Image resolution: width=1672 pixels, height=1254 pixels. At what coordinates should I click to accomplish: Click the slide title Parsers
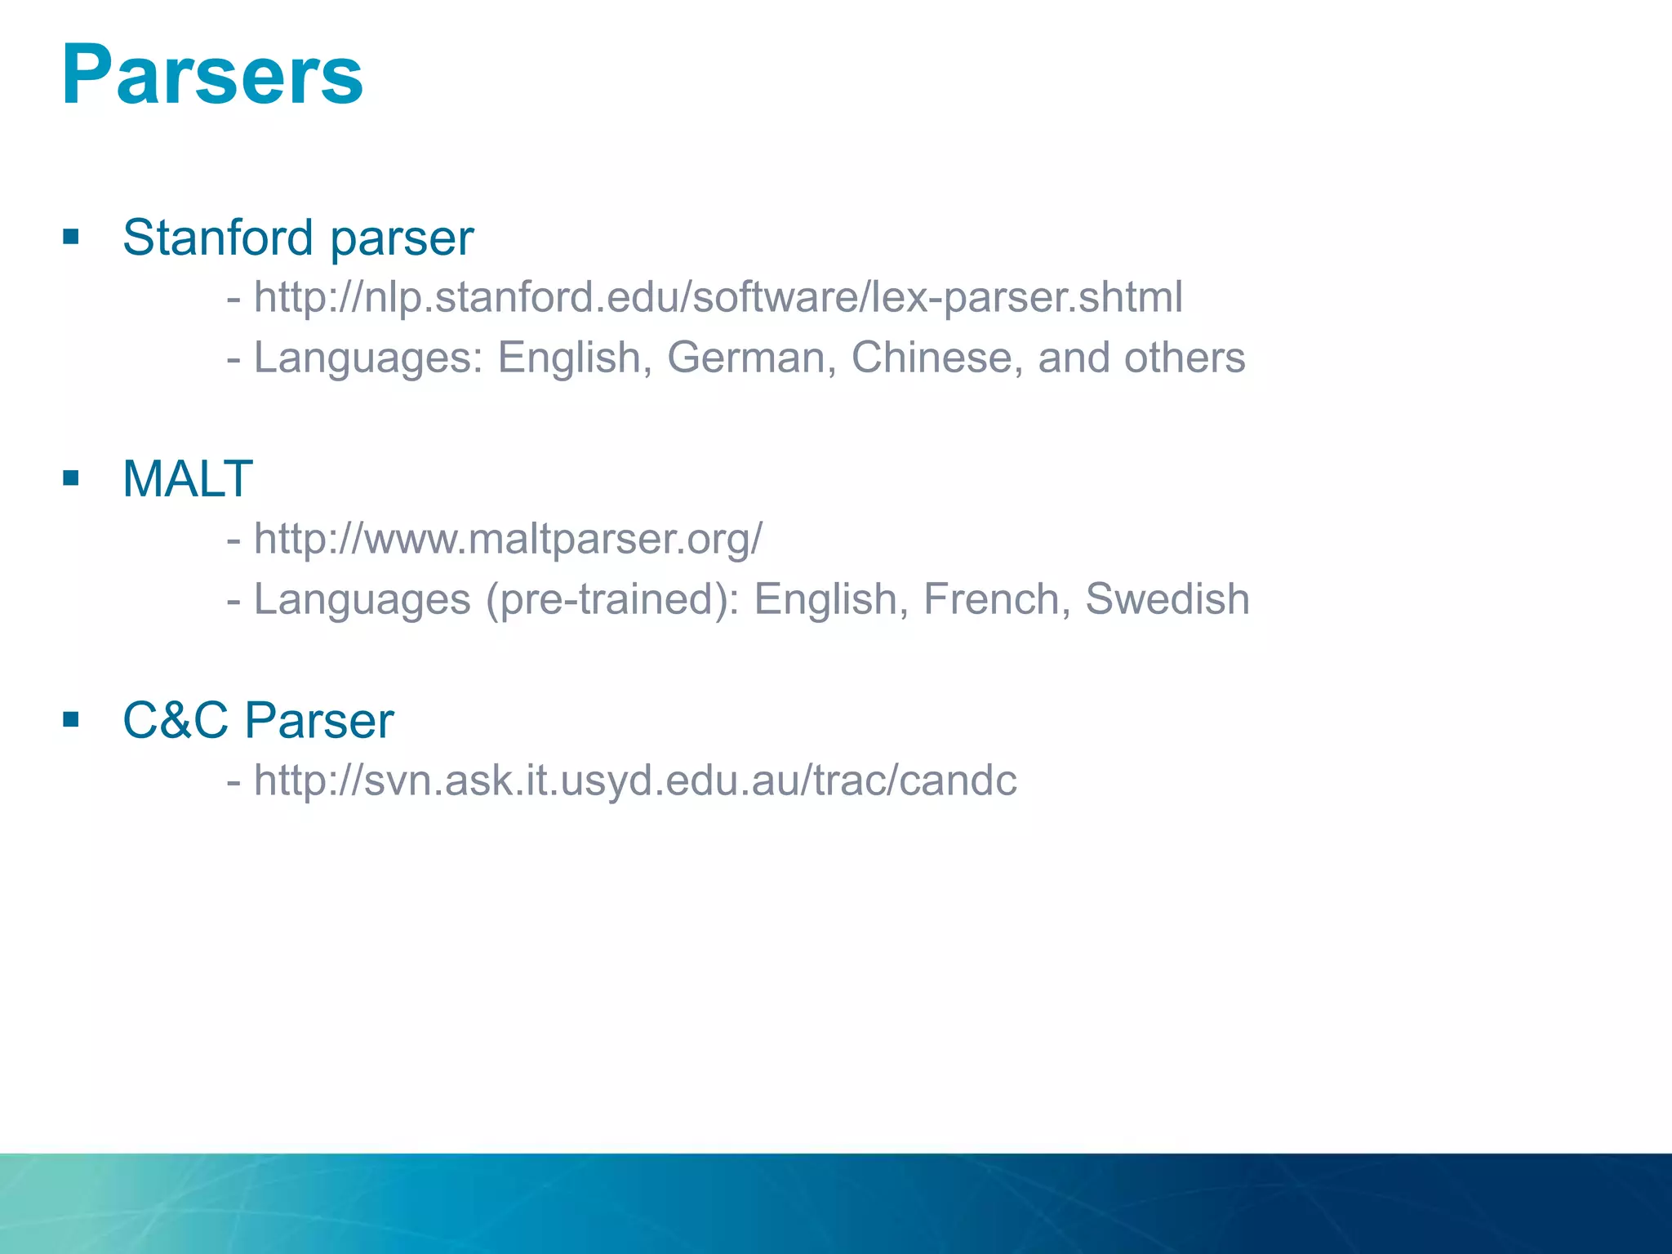pyautogui.click(x=212, y=75)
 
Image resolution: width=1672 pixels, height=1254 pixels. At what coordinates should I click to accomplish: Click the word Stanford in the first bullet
pyautogui.click(x=217, y=238)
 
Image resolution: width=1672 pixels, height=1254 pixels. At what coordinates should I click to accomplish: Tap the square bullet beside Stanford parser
pyautogui.click(x=71, y=237)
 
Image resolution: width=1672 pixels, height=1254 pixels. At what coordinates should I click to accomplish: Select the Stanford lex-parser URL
pyautogui.click(x=718, y=297)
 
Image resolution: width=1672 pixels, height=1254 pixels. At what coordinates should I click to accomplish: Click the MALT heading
pyautogui.click(x=187, y=478)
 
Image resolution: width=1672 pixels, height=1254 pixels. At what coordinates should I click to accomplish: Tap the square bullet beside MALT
pyautogui.click(x=71, y=478)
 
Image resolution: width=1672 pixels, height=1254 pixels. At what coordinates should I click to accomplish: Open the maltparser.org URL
pyautogui.click(x=508, y=539)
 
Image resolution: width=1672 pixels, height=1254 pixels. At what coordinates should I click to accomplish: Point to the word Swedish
pyautogui.click(x=1167, y=599)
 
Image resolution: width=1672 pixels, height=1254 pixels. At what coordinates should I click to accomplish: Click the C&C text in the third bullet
pyautogui.click(x=176, y=720)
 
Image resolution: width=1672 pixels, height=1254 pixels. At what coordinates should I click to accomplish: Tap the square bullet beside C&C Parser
pyautogui.click(x=71, y=719)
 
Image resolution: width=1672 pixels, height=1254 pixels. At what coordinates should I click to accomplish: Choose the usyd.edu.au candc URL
pyautogui.click(x=635, y=780)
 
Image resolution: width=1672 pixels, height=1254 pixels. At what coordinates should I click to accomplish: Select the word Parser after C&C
pyautogui.click(x=319, y=720)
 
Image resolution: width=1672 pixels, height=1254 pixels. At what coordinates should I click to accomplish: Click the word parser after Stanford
pyautogui.click(x=402, y=239)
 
